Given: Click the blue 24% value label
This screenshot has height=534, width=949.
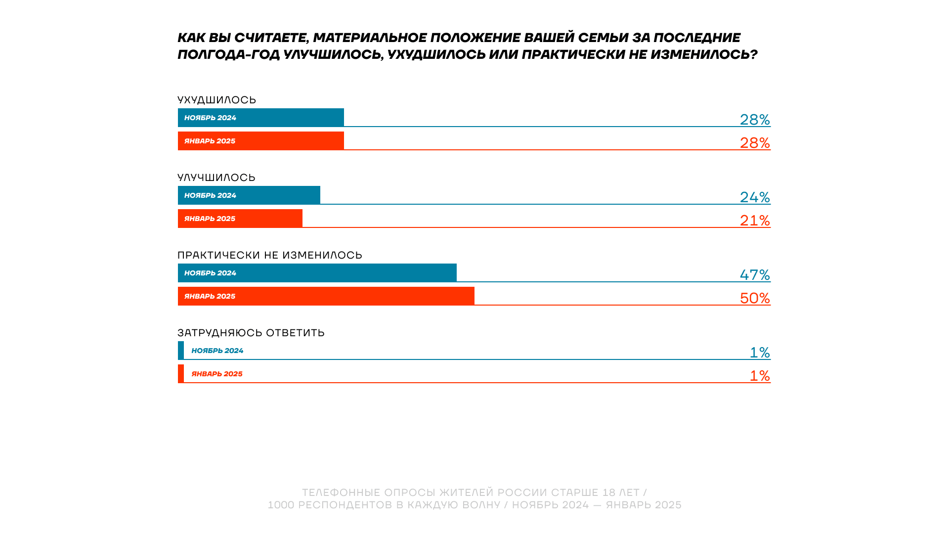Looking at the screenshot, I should tap(755, 197).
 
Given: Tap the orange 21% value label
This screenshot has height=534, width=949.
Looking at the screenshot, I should tap(755, 221).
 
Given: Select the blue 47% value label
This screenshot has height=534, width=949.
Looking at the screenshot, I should tap(755, 275).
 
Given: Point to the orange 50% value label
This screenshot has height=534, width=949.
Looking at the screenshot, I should tap(755, 298).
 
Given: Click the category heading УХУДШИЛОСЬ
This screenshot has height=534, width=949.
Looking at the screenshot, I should tap(216, 100).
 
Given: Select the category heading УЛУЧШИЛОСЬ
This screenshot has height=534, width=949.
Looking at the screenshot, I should tap(216, 178).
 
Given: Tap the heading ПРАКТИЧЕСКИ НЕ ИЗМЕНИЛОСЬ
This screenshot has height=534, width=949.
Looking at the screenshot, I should tap(270, 255).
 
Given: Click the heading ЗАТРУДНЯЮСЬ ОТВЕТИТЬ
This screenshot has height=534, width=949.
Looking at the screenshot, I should tap(251, 333).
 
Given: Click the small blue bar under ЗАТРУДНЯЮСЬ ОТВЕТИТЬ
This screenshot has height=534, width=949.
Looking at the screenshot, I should tap(181, 351).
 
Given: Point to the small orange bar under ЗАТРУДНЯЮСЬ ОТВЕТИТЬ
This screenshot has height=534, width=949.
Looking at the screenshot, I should tap(181, 374).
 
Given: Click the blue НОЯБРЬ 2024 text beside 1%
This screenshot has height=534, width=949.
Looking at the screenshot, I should tap(217, 351).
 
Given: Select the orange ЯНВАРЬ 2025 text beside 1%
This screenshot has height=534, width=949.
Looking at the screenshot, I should tap(217, 374).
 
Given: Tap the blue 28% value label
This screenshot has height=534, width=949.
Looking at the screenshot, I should tap(755, 120).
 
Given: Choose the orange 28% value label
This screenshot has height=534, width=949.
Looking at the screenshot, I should tap(755, 143).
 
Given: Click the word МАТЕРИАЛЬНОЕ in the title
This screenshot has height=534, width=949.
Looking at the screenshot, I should tap(370, 38).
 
